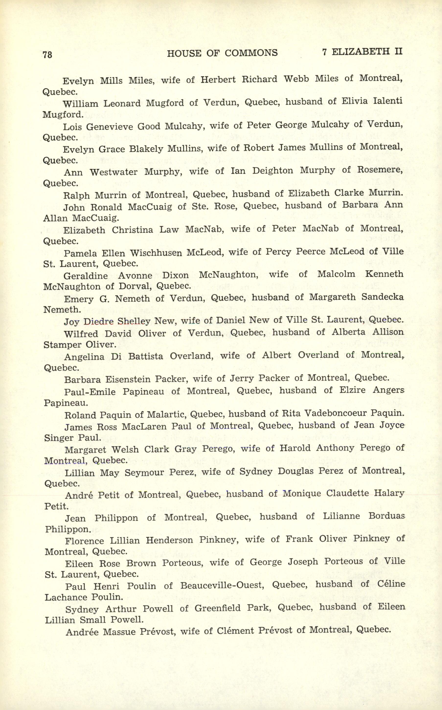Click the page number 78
click(47, 54)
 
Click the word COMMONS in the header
click(251, 53)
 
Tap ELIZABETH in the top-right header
click(361, 52)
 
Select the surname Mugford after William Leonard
click(165, 103)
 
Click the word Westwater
click(114, 172)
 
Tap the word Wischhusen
click(156, 253)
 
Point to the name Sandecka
click(383, 297)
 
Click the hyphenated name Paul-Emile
click(90, 392)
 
